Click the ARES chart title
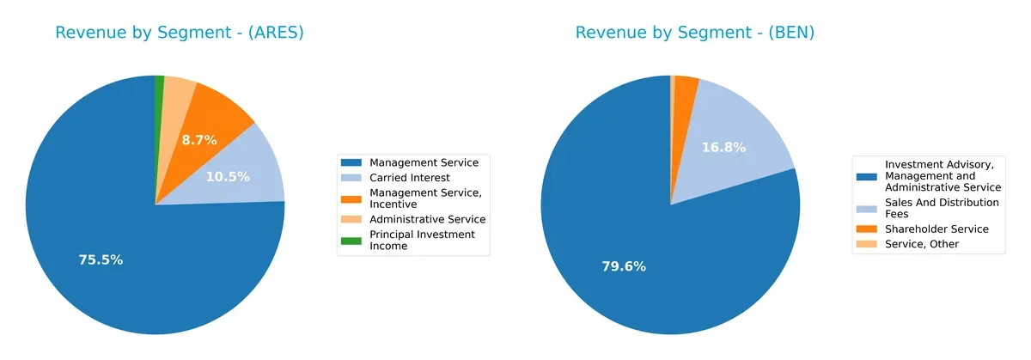coord(180,33)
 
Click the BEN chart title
coord(694,33)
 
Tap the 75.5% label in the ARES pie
coord(101,259)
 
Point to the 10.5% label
coord(228,177)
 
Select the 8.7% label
coord(199,139)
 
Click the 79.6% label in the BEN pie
coord(624,266)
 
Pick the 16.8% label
coord(723,148)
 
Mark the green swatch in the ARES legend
coord(351,240)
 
